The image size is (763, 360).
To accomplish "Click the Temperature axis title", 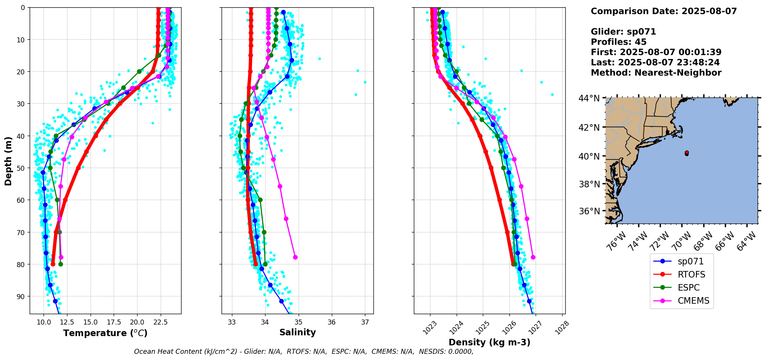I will coord(105,333).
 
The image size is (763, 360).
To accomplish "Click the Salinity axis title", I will coord(297,332).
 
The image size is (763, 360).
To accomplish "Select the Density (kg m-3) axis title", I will coord(489,342).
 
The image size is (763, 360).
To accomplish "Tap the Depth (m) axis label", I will coord(8,161).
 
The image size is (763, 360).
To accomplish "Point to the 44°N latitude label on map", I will coord(588,98).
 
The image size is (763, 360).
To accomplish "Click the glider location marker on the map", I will coord(687,153).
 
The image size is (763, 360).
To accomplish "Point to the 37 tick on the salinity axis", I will coord(365,322).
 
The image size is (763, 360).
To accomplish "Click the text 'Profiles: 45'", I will coord(618,42).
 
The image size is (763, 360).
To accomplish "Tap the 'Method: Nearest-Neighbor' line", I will coord(656,73).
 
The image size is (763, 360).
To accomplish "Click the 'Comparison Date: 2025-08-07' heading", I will coord(664,11).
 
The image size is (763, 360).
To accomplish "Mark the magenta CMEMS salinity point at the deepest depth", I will coord(295,257).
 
